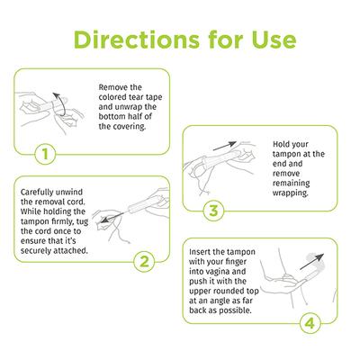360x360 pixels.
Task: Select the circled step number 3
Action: point(212,212)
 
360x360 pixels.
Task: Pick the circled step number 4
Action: point(309,320)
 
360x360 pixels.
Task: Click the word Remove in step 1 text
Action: point(115,87)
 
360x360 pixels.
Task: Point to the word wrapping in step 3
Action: point(280,193)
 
